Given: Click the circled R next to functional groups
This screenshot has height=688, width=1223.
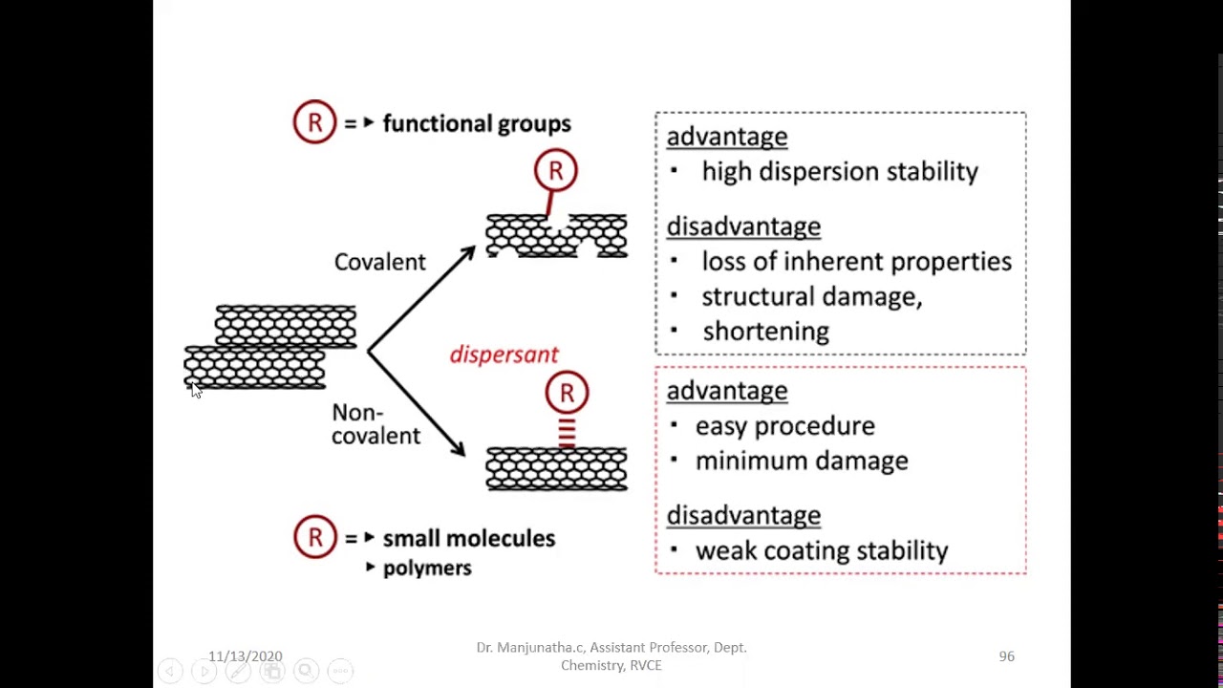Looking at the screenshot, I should click(x=314, y=122).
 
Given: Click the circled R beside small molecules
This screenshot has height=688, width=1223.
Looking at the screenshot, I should click(x=314, y=537).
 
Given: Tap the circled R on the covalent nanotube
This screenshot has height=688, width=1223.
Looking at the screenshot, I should click(x=555, y=171).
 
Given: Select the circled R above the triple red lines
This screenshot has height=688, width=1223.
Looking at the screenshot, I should click(x=567, y=393).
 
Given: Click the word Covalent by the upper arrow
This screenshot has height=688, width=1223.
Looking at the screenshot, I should click(x=379, y=262).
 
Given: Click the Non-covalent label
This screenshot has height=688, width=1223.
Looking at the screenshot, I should click(x=375, y=424).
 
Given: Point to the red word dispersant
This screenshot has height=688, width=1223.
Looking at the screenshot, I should click(x=504, y=355).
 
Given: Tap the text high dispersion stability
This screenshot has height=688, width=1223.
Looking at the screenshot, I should click(x=839, y=172).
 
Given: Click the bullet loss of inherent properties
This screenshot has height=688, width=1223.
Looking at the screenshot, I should click(x=855, y=262).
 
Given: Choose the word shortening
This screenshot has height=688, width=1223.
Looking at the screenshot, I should click(x=765, y=332).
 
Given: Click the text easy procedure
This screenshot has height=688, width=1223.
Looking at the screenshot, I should click(x=784, y=426).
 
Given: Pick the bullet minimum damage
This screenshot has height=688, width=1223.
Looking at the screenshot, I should click(x=801, y=461).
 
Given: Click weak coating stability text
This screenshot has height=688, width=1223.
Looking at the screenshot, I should click(x=821, y=551).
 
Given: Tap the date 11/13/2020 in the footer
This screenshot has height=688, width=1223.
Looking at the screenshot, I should click(x=246, y=656).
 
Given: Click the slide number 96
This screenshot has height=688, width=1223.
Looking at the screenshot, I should click(x=1006, y=656).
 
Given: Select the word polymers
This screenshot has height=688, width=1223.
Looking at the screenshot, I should click(x=426, y=569).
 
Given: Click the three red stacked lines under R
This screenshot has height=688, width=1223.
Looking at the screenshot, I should click(x=567, y=432).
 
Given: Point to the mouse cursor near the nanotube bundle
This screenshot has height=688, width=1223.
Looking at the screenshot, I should click(x=195, y=390).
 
